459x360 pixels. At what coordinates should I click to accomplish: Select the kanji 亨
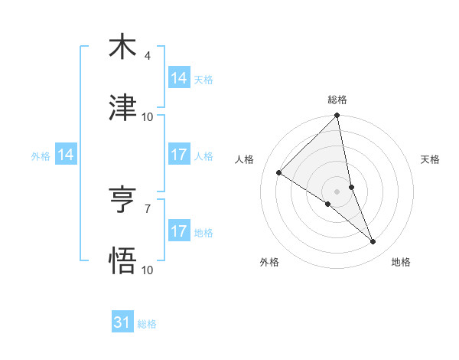[x=122, y=200]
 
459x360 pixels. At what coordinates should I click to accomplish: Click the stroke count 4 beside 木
[x=147, y=56]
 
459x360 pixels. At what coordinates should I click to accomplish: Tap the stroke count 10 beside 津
[x=148, y=117]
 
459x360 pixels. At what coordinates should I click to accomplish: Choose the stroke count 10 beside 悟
[x=148, y=270]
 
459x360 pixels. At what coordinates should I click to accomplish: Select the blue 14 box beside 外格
[x=66, y=155]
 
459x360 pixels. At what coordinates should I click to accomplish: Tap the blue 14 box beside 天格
[x=179, y=78]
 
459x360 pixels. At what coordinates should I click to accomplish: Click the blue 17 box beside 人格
[x=179, y=155]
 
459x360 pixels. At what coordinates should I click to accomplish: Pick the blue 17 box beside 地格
[x=179, y=231]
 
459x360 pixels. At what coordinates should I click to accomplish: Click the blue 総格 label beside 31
[x=147, y=324]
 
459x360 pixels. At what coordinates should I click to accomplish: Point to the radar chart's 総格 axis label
[x=337, y=100]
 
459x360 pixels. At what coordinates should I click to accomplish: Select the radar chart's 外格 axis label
[x=269, y=263]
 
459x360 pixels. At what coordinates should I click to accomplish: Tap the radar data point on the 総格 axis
[x=337, y=116]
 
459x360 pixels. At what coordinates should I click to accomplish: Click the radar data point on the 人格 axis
[x=279, y=173]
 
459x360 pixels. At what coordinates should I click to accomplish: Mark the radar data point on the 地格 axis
[x=373, y=242]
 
